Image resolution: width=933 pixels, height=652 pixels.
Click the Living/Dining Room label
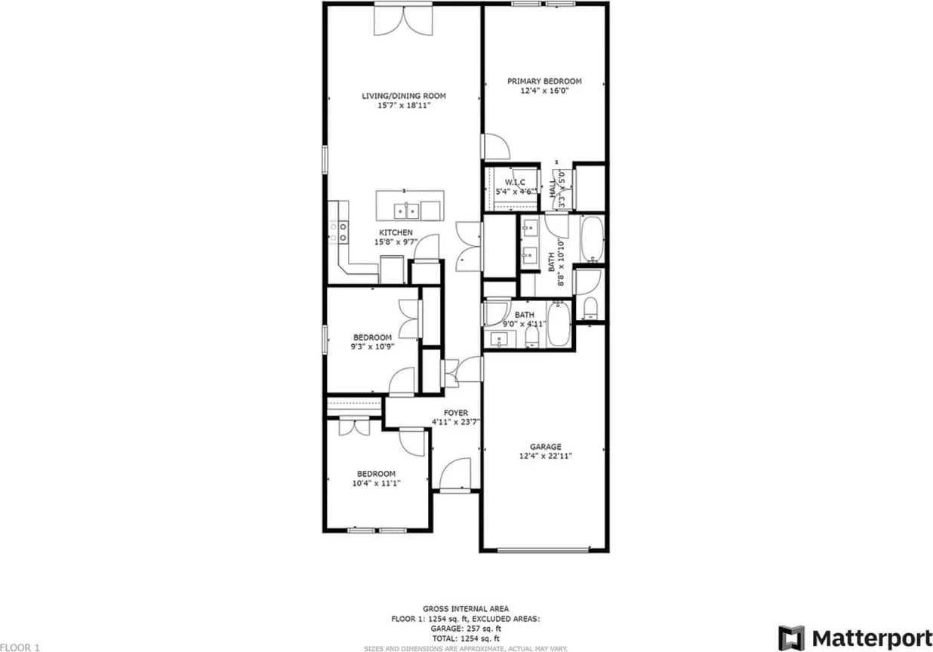coord(403,96)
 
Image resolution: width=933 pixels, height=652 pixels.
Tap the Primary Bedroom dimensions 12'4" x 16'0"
coord(544,91)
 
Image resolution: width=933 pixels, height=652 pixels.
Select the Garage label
coord(545,447)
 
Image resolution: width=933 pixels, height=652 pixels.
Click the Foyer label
coord(455,413)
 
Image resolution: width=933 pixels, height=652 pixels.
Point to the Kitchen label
coord(396,232)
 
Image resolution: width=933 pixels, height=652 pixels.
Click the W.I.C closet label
coord(515,182)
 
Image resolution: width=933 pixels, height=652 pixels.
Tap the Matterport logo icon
coord(791,638)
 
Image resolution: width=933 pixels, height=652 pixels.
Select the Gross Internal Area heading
coord(465,608)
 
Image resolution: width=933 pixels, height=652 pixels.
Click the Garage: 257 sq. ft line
coord(465,628)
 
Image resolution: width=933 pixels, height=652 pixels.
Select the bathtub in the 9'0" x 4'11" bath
coord(559,324)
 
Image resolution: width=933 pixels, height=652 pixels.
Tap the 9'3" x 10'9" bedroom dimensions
coord(372,347)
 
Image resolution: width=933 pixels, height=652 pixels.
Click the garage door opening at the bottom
coord(543,550)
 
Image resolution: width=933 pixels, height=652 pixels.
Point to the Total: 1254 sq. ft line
coord(465,638)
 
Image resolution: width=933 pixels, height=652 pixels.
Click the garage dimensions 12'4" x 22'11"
coord(545,456)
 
